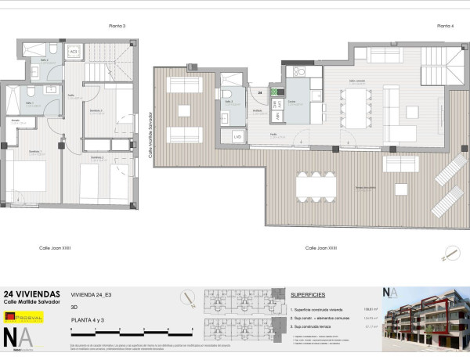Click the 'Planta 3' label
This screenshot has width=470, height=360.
coord(117,26)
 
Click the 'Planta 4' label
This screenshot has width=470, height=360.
coord(445,26)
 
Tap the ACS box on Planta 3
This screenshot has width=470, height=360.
coord(74,52)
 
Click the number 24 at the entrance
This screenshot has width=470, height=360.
coord(259,92)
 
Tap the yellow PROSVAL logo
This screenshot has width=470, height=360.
coord(22,317)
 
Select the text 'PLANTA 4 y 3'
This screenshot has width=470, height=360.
coord(89,320)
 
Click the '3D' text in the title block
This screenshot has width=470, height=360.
coord(74,308)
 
